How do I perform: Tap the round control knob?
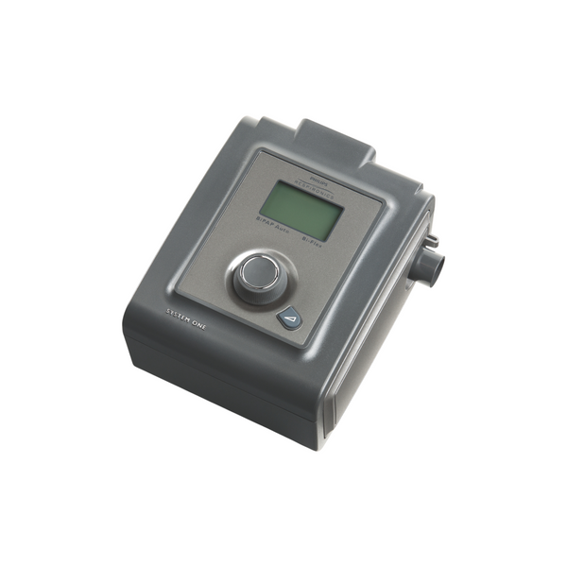(x=259, y=274)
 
